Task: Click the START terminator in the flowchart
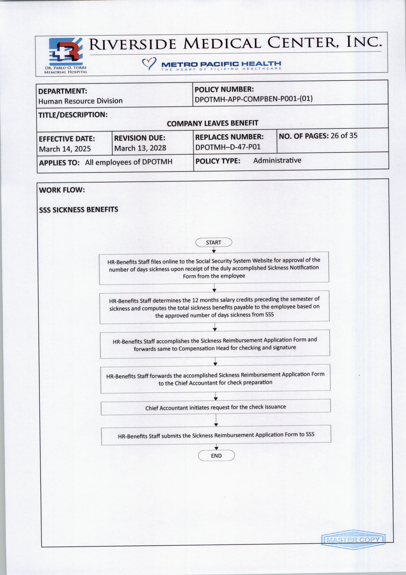pos(213,242)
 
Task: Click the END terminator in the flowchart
pos(216,455)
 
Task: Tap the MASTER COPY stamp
pos(353,539)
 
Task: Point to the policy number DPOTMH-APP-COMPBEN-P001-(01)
pos(253,99)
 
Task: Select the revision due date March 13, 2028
pos(140,148)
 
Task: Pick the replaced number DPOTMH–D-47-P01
pos(228,147)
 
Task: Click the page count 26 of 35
pos(344,136)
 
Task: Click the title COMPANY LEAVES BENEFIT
pos(212,123)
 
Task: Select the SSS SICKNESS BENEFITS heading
pos(79,210)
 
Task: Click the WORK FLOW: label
pos(62,190)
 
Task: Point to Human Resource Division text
pos(80,101)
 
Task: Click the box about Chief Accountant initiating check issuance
pos(215,407)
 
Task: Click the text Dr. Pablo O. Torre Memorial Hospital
pos(66,70)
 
